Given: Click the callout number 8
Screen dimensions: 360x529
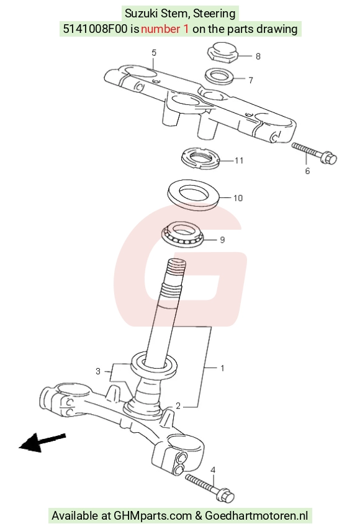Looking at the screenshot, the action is [x=258, y=57].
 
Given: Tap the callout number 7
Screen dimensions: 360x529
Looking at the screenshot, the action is [x=251, y=80].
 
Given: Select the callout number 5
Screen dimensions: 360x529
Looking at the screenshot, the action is [x=154, y=53].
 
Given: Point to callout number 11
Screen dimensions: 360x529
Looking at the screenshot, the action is [x=239, y=160].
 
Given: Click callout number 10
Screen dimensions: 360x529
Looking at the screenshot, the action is [x=238, y=198].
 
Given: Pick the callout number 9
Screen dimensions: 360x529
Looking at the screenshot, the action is [x=222, y=240].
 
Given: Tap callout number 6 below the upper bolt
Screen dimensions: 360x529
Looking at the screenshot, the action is [x=307, y=171].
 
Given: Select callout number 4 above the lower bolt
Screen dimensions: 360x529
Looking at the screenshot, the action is [x=213, y=470].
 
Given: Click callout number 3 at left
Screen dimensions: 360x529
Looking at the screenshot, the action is [x=98, y=371].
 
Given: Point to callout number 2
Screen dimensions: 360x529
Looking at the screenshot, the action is [x=178, y=406].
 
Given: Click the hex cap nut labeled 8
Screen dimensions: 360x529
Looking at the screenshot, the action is [x=222, y=52].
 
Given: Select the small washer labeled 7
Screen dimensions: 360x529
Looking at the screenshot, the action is [x=219, y=76].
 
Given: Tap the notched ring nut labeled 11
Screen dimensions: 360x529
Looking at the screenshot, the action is [x=200, y=158].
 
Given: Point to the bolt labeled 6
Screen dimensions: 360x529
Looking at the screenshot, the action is [x=314, y=153].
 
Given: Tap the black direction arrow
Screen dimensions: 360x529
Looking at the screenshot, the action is [x=42, y=442].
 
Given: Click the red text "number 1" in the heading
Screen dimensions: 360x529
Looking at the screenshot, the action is [x=165, y=29].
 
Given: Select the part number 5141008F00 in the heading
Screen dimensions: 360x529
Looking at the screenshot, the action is [x=96, y=29].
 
